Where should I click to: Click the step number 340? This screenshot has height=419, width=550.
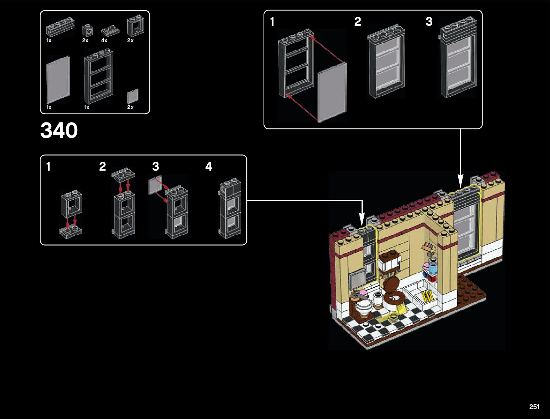click(x=59, y=131)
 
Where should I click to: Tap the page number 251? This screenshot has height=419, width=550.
click(x=534, y=407)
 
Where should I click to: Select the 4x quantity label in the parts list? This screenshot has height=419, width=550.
click(x=104, y=40)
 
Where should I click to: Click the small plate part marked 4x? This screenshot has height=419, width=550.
click(x=110, y=31)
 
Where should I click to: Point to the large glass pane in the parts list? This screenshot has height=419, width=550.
click(x=58, y=80)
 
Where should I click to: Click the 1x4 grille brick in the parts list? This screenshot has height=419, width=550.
click(x=60, y=27)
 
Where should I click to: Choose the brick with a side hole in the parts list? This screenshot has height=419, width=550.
click(x=87, y=30)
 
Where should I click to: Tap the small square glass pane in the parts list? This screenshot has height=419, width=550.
click(x=132, y=96)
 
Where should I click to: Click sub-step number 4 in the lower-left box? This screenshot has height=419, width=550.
click(x=209, y=166)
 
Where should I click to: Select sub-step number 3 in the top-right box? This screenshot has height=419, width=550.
click(x=429, y=22)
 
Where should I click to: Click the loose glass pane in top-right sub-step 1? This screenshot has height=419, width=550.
click(x=332, y=92)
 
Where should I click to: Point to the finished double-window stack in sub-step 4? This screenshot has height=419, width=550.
click(x=230, y=208)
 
